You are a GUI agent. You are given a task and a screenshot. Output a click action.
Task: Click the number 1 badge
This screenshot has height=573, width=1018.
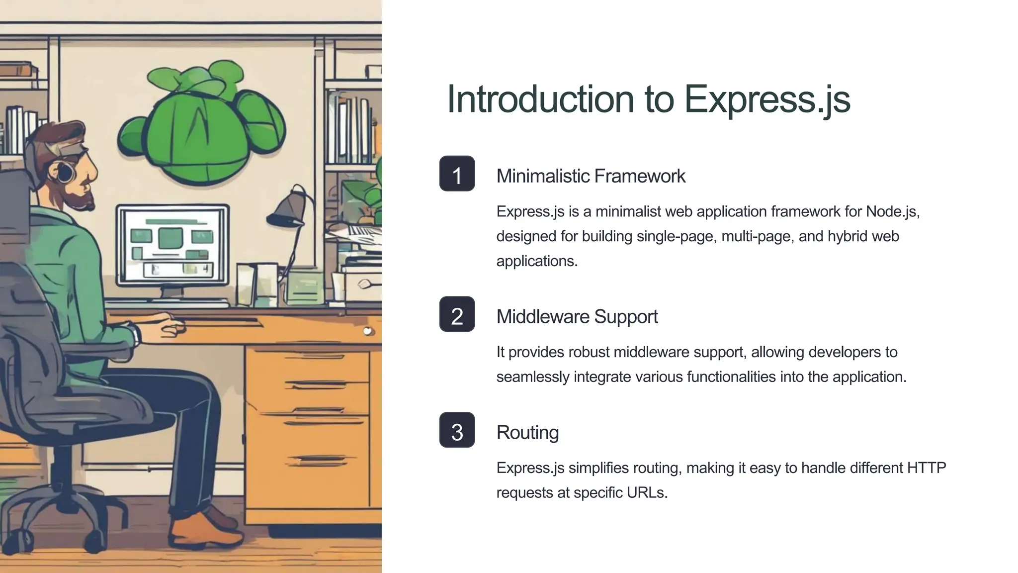[x=457, y=174]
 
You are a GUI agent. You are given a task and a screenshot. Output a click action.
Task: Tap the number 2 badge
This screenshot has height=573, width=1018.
[x=457, y=314]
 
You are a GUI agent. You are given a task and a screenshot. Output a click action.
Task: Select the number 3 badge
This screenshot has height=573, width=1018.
[x=457, y=430]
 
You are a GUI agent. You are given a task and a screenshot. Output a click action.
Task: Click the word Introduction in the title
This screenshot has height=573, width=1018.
[x=540, y=99]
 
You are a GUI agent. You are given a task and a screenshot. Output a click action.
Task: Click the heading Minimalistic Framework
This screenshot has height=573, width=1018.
[x=591, y=176]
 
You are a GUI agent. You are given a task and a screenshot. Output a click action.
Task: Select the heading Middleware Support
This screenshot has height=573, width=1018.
[x=577, y=317]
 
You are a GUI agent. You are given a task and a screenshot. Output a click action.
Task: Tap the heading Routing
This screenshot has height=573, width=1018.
[x=527, y=433]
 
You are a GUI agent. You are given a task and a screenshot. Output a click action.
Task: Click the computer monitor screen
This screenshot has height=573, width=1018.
[x=172, y=245]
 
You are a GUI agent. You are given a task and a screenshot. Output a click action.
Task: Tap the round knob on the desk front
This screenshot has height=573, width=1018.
[x=367, y=331]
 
